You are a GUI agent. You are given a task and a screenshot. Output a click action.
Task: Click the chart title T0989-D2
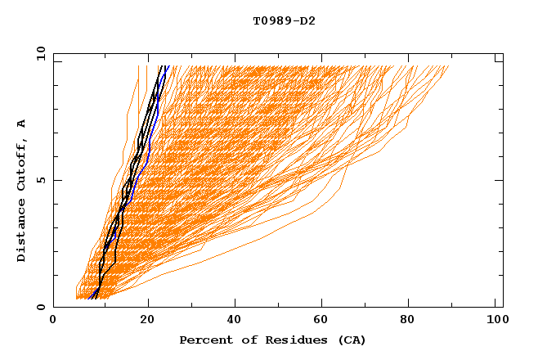click(284, 21)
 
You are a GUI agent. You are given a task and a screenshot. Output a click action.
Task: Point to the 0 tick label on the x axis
click(53, 322)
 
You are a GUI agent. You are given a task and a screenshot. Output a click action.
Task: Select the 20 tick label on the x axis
click(147, 322)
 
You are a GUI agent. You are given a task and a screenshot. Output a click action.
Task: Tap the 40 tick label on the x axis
click(235, 322)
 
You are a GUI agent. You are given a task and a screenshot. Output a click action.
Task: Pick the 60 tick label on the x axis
click(323, 322)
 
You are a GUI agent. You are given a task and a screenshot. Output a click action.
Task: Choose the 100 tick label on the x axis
click(495, 322)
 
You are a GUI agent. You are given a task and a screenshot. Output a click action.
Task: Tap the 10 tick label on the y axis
click(38, 53)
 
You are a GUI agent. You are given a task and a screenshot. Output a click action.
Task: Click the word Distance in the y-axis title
click(22, 234)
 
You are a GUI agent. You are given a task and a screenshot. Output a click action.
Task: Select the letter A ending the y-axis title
click(22, 124)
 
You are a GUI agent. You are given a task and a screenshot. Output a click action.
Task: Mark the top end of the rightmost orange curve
click(448, 67)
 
